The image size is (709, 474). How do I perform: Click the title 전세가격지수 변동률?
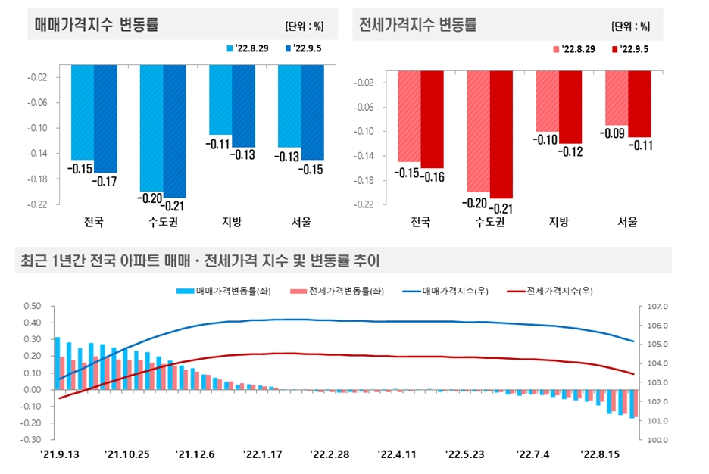click(x=417, y=25)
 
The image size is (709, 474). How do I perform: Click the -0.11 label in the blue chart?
click(x=220, y=144)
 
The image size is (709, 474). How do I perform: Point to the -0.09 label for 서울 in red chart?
click(x=615, y=134)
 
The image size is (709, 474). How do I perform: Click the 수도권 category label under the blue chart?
click(x=163, y=223)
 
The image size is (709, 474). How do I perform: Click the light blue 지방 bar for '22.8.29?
click(x=220, y=99)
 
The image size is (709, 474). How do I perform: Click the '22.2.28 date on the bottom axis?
click(x=329, y=454)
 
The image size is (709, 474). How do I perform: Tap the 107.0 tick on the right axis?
click(x=654, y=307)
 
